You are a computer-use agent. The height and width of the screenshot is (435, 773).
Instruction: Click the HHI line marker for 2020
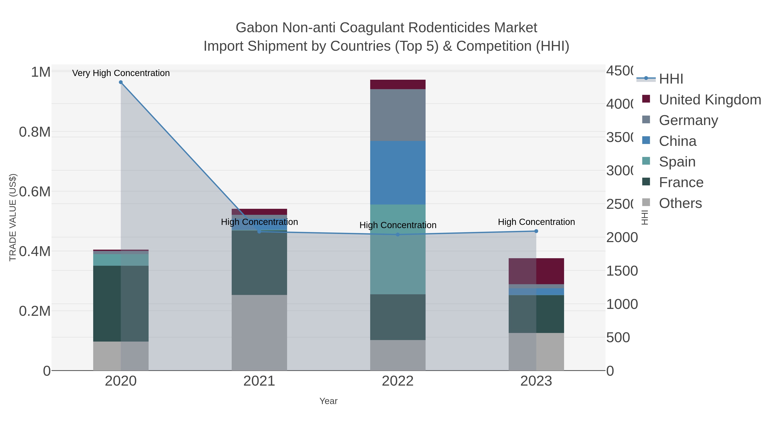click(121, 82)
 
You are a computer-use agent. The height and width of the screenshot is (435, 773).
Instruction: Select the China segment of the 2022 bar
click(398, 173)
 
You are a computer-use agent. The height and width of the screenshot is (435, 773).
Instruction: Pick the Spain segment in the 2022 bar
click(398, 249)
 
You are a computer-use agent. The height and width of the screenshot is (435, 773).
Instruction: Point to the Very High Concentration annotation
click(121, 73)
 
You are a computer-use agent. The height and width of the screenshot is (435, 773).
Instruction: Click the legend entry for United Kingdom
click(710, 100)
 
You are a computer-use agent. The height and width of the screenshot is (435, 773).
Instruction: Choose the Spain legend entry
click(677, 162)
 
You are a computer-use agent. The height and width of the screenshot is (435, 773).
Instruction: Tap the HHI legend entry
click(671, 79)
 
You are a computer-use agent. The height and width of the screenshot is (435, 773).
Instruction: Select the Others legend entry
click(680, 203)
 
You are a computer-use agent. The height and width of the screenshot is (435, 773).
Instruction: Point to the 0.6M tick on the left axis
click(35, 192)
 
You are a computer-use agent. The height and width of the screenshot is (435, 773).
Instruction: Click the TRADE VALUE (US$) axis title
click(13, 217)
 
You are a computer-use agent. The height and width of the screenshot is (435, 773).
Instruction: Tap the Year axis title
click(328, 401)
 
